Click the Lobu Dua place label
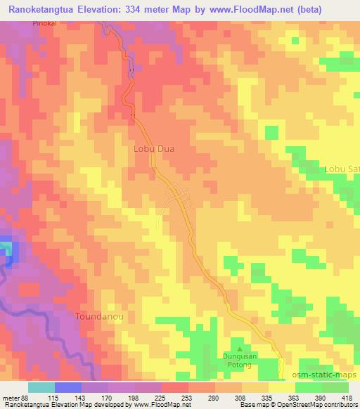pos(153,149)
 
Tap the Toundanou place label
pos(100,317)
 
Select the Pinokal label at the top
pos(44,22)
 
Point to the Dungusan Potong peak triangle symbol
pos(240,348)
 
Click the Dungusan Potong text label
pos(240,360)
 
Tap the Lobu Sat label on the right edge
pos(341,169)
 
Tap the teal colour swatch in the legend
pos(41,387)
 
